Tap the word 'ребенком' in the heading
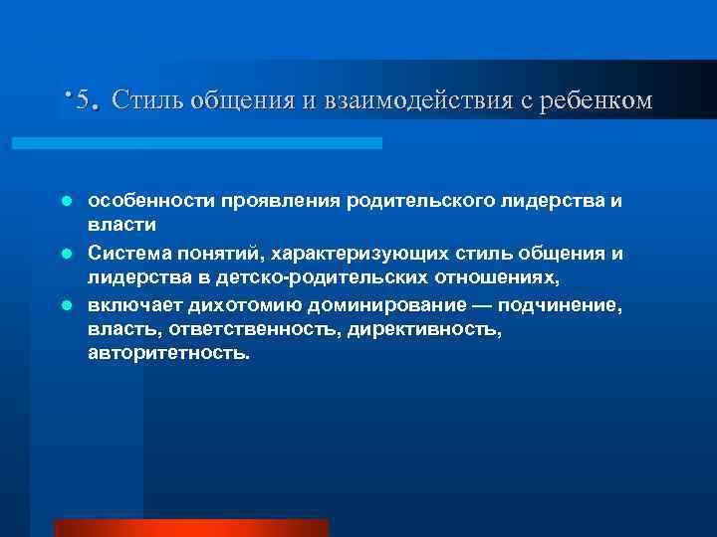coord(597,100)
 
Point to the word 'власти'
coord(117,227)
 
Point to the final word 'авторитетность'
coord(168,353)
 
